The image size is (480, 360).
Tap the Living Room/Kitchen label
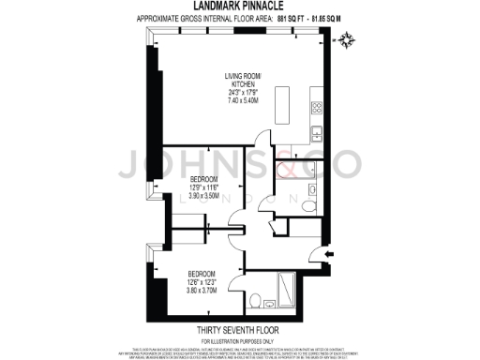243,80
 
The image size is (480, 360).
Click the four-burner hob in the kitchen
318,108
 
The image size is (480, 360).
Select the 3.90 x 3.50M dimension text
203,197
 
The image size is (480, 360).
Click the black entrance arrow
326,251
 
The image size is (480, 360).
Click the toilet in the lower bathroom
255,299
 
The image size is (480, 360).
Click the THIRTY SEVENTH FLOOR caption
240,330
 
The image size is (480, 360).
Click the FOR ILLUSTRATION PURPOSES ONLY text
240,339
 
